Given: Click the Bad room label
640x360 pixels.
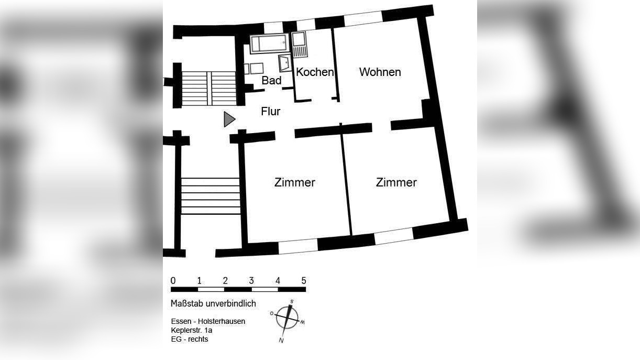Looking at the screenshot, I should click(271, 81).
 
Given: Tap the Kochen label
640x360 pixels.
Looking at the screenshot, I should click(314, 72).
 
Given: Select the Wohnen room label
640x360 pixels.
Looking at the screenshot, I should click(380, 72).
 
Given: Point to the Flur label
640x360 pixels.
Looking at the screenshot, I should click(270, 112).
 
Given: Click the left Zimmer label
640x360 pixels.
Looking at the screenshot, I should click(294, 182).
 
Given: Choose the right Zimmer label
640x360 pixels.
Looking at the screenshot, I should click(396, 182).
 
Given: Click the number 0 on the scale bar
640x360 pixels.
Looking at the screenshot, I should click(173, 280).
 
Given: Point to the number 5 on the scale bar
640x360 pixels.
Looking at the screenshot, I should click(304, 280).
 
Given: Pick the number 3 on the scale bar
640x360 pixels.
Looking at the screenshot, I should click(251, 280).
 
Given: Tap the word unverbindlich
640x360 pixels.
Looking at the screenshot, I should click(231, 304).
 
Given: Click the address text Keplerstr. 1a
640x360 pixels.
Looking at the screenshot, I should click(191, 330).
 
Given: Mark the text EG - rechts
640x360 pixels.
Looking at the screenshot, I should click(189, 339).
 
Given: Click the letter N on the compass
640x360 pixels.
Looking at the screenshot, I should click(281, 341).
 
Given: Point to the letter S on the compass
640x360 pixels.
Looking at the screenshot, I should click(292, 301).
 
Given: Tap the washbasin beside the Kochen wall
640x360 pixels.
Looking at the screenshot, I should click(284, 63).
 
